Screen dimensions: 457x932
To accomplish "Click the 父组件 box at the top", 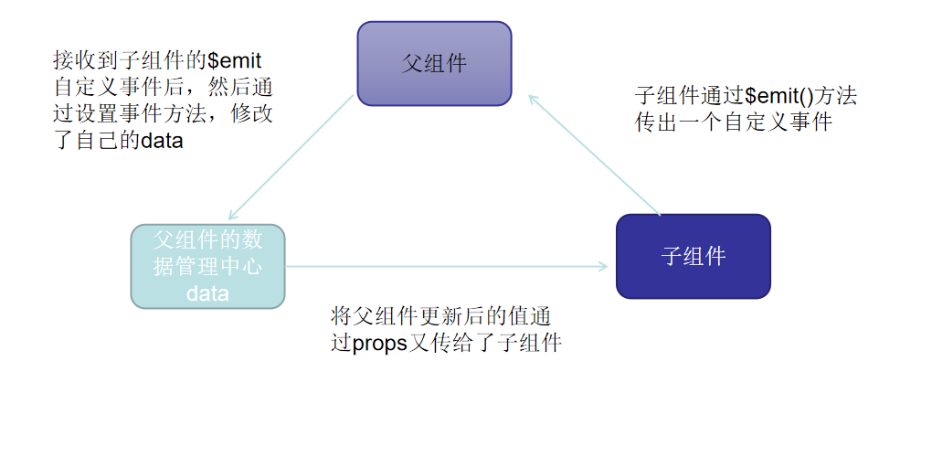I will (434, 63).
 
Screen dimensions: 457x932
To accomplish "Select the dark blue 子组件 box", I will (693, 256).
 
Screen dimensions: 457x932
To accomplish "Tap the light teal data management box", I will (207, 266).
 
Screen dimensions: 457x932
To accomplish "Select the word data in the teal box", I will (207, 293).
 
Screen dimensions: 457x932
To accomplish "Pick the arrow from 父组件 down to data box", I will (291, 156).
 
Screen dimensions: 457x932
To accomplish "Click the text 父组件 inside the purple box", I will (434, 63).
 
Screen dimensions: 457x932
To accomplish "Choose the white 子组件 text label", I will (693, 256).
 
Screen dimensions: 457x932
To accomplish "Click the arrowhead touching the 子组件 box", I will (603, 267).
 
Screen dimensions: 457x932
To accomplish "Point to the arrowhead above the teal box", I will (232, 215).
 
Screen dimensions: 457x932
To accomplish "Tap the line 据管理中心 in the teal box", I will (207, 267).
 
